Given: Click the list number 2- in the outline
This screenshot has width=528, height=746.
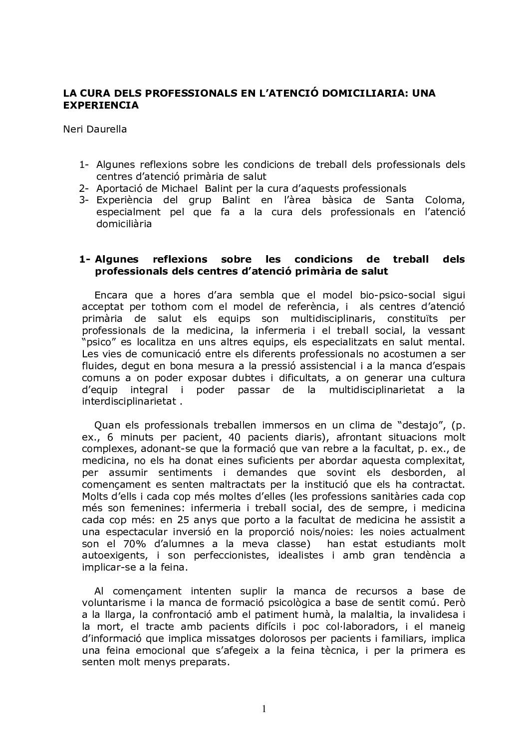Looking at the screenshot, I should (x=83, y=188).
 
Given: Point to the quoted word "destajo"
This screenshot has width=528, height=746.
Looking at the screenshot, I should (x=408, y=425).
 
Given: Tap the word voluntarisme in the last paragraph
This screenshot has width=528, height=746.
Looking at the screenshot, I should (x=114, y=603).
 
